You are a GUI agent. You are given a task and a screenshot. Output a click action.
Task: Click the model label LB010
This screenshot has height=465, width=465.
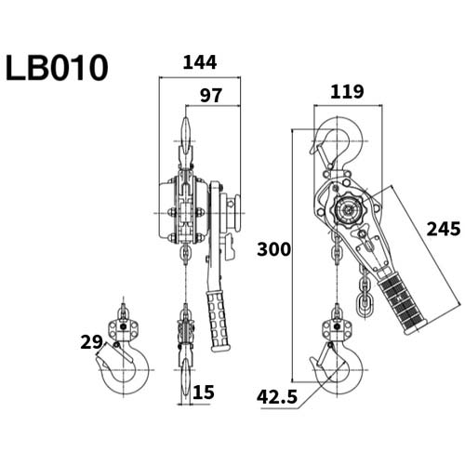(x=57, y=67)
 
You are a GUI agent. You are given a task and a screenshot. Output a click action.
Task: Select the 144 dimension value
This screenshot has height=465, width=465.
(x=200, y=63)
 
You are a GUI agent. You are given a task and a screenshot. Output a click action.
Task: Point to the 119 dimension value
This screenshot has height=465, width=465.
(x=344, y=92)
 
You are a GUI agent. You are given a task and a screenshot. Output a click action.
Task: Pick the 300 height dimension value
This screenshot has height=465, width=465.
(x=273, y=249)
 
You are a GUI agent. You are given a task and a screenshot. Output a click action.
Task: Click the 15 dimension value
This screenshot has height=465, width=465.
(x=203, y=392)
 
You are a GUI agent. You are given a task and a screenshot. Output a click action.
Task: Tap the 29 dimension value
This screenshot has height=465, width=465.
(x=91, y=342)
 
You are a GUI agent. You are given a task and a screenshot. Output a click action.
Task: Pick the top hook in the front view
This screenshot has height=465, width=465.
(x=187, y=135)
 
